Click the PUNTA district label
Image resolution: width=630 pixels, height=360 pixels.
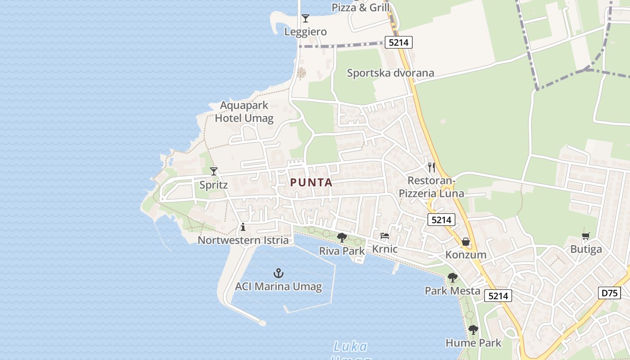click(311, 183)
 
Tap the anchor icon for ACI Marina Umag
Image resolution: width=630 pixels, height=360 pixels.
click(279, 273)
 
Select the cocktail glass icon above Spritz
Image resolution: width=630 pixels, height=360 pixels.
click(214, 171)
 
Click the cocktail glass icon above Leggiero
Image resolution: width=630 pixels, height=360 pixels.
click(306, 18)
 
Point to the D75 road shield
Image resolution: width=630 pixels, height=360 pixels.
click(610, 293)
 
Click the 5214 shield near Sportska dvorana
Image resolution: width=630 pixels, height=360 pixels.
click(398, 43)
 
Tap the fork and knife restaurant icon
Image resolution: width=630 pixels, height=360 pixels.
click(432, 167)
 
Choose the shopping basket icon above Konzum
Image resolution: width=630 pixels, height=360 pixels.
click(466, 242)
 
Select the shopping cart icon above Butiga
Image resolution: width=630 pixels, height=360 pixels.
click(585, 236)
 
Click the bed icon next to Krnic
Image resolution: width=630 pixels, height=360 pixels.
click(384, 236)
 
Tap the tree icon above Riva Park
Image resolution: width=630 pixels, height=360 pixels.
click(342, 237)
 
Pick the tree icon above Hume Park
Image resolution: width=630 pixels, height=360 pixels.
click(473, 330)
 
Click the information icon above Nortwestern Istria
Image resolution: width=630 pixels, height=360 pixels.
click(243, 227)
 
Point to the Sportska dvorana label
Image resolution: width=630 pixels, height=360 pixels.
click(390, 73)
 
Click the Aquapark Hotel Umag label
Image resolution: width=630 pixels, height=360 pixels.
click(244, 112)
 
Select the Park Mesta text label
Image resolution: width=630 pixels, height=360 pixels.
click(452, 291)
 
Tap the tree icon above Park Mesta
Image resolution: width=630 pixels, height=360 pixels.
click(453, 278)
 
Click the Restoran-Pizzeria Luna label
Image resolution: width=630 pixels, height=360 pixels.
click(431, 187)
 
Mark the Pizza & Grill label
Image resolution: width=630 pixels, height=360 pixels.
click(360, 8)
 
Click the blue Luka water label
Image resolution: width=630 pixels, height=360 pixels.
click(351, 347)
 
